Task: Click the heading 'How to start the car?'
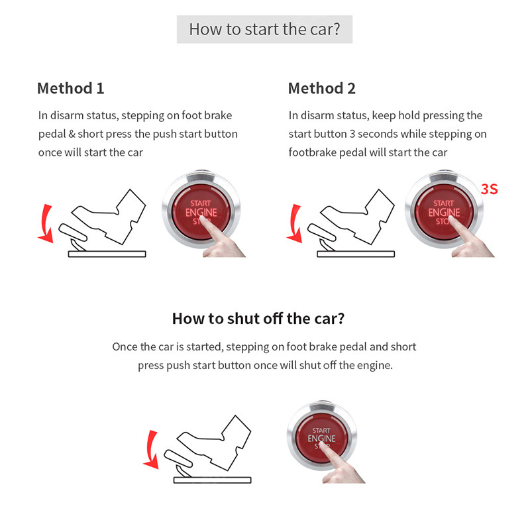[x=264, y=30]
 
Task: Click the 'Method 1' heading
[x=70, y=88]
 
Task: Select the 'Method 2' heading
[x=321, y=88]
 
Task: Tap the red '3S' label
[x=489, y=189]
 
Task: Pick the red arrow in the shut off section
[x=152, y=449]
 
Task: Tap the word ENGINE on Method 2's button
[x=444, y=213]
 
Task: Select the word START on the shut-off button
[x=321, y=431]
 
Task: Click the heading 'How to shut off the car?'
[x=258, y=318]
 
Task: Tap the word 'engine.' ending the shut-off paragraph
[x=374, y=365]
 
